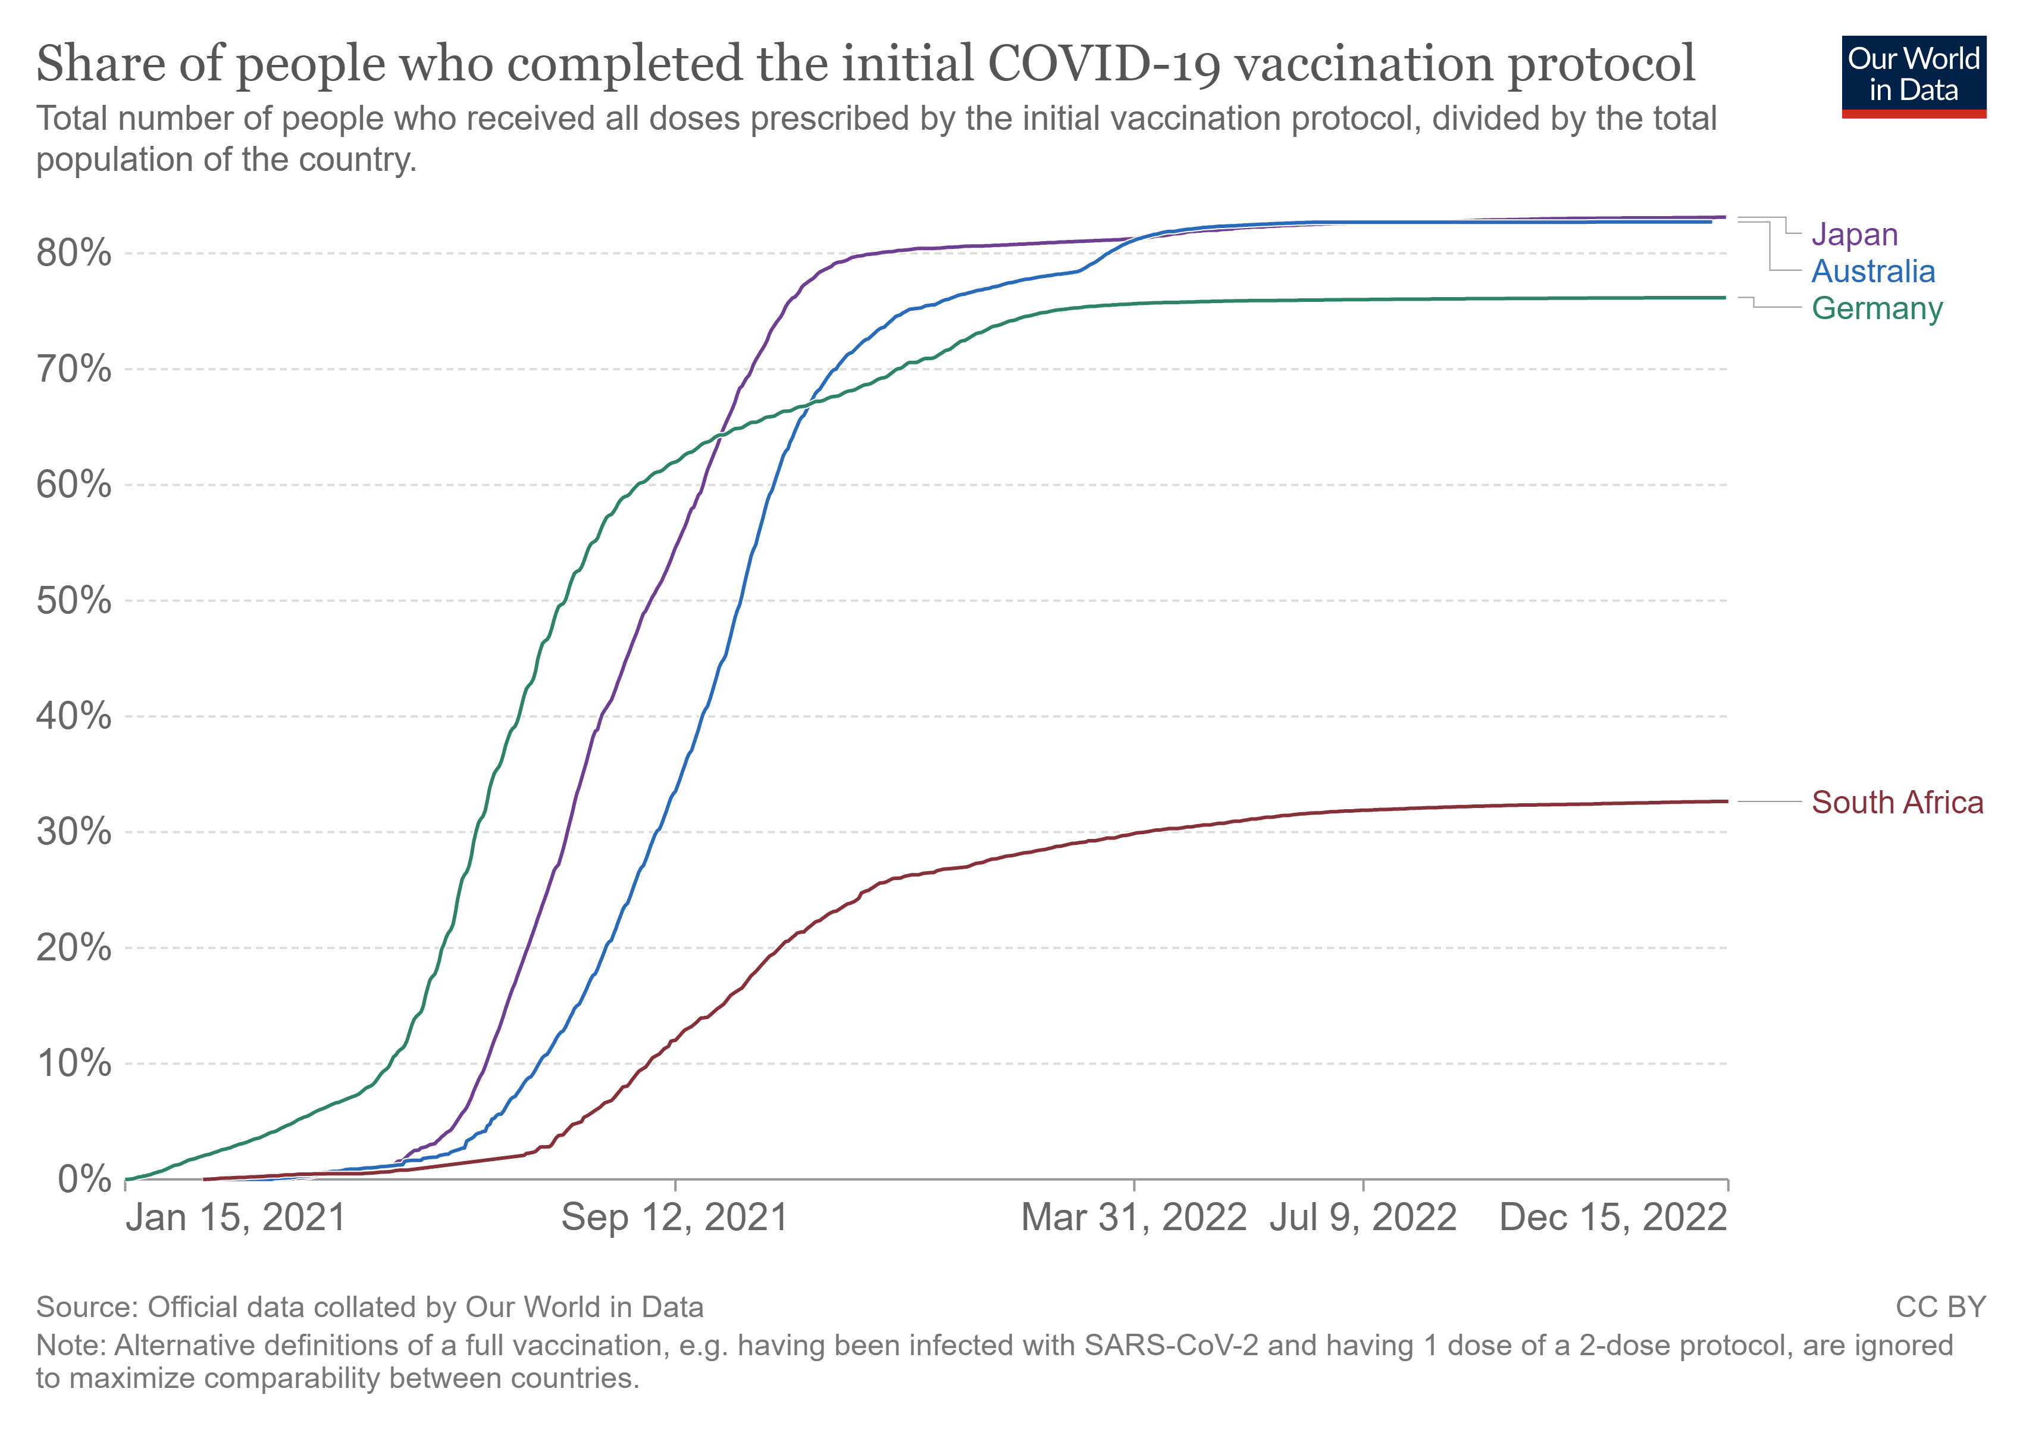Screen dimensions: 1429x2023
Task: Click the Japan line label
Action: coord(1854,235)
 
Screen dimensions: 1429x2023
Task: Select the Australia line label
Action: coord(1872,272)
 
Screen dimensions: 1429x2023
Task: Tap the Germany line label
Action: coord(1877,308)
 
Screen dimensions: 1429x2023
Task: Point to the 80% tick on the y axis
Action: coord(74,254)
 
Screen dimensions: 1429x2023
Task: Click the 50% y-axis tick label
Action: coord(74,601)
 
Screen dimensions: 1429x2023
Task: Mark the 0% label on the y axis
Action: coord(84,1180)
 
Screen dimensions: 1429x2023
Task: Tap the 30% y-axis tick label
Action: coord(74,832)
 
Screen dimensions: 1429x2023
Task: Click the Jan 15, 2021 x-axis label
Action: coord(235,1218)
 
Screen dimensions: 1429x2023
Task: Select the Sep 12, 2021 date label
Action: coord(674,1218)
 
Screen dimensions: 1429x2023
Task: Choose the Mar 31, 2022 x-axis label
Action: coord(1134,1218)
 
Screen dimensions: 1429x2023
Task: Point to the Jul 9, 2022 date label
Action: coord(1363,1218)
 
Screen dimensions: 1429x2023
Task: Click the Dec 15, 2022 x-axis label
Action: coord(1613,1218)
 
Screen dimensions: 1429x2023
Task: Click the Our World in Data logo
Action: coord(1914,76)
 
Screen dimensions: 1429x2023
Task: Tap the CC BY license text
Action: coord(1940,1306)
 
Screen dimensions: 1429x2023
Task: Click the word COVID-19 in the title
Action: coord(1105,64)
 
